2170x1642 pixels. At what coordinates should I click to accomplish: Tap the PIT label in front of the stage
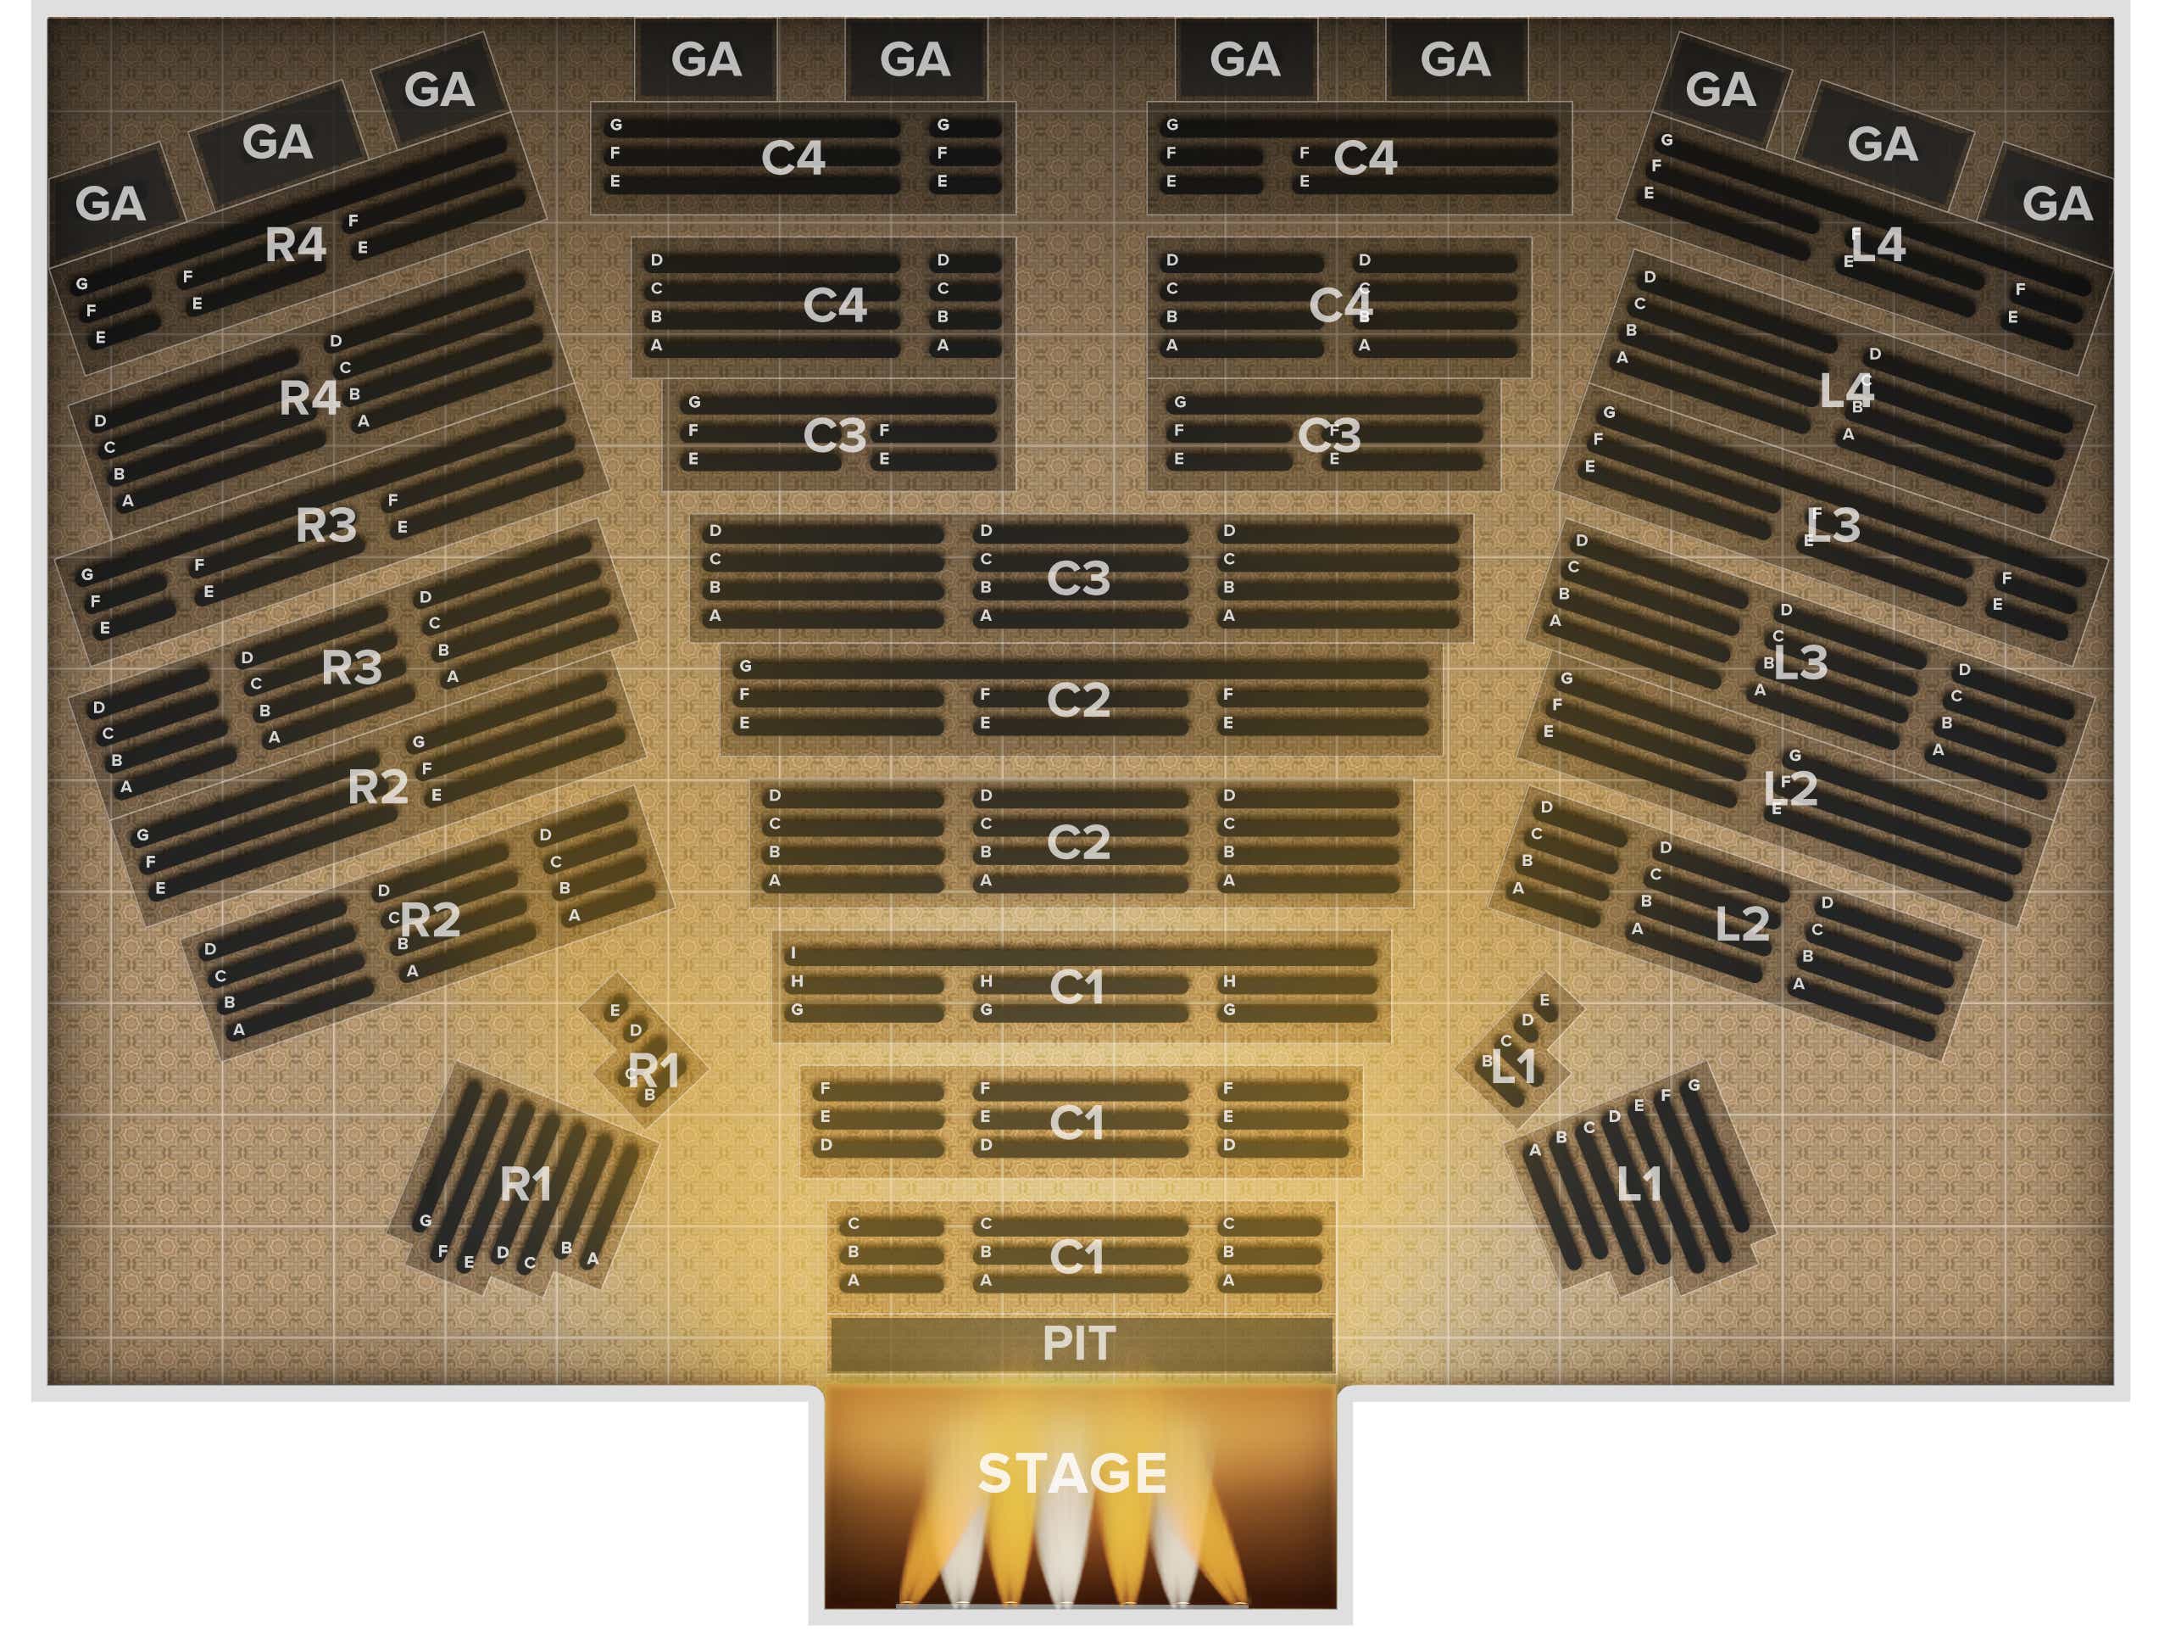point(1078,1343)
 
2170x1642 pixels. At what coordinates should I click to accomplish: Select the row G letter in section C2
point(746,667)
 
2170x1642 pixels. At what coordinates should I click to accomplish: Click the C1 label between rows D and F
point(1077,1123)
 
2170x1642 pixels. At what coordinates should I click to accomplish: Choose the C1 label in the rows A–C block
point(1077,1257)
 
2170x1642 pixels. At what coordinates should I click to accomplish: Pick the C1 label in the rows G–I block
point(1077,987)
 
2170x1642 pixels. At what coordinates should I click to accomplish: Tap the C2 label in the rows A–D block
point(1078,842)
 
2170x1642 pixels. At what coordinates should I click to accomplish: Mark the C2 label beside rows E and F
point(1078,700)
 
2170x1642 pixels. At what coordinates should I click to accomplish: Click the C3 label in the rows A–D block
point(1078,578)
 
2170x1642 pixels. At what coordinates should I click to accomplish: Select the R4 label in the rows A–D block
point(309,399)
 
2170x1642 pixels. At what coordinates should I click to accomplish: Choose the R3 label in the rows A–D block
point(351,668)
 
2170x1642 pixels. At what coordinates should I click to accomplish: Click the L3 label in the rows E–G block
point(1833,526)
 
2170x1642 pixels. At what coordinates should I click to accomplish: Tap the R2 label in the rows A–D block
point(430,920)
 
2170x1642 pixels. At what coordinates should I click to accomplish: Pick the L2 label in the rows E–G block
point(1790,789)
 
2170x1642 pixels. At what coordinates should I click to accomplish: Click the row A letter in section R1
point(593,1259)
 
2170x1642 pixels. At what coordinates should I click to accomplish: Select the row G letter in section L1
point(1694,1086)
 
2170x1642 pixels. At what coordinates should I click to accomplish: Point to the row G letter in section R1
point(426,1222)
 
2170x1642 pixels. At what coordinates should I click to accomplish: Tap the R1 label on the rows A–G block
point(526,1186)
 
